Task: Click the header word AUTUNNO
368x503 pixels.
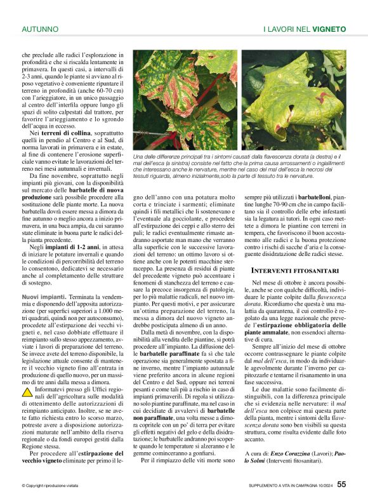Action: point(40,29)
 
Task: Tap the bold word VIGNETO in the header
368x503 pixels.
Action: point(329,29)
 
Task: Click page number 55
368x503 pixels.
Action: point(341,484)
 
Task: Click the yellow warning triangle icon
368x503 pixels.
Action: point(28,392)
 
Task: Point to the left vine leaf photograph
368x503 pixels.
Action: point(184,100)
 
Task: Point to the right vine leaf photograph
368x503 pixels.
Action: point(294,100)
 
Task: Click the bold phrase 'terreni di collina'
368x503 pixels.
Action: point(74,133)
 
